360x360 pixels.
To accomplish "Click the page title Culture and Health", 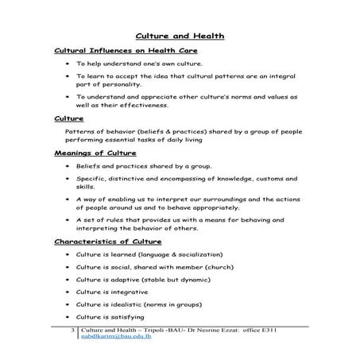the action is [180, 36].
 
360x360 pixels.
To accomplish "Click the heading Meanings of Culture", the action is [95, 152].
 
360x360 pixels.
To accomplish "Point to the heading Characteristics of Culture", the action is [107, 240].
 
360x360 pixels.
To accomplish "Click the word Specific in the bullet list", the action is [92, 180].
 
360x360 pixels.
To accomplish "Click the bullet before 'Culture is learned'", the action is [68, 254].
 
